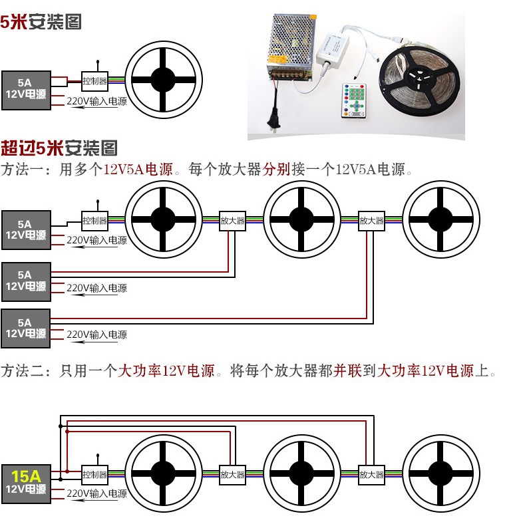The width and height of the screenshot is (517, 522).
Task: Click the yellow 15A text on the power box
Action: (27, 475)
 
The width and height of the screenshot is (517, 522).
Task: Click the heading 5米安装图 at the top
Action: (41, 21)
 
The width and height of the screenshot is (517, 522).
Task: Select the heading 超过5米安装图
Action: (59, 147)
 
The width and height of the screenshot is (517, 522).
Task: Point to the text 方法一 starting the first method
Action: (23, 169)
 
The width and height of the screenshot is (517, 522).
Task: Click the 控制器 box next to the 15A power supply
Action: (94, 475)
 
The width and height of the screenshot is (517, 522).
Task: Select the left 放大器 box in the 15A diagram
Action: (232, 475)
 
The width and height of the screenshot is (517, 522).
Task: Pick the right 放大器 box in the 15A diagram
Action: (371, 475)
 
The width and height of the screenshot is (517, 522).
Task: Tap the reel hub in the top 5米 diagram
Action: (163, 81)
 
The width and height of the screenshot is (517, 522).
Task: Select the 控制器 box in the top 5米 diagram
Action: (94, 81)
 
